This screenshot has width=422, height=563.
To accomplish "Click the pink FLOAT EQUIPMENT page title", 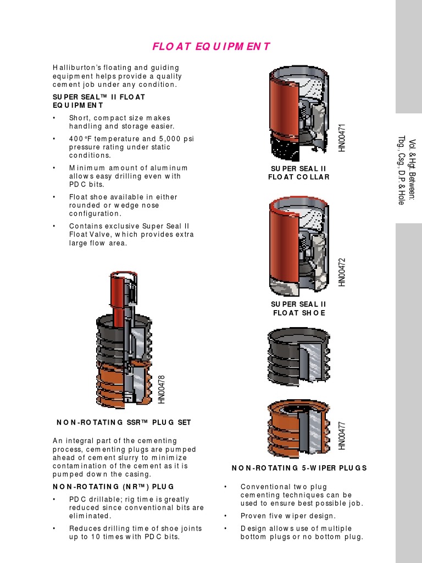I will tap(211, 46).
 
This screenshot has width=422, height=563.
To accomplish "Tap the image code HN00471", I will tap(342, 137).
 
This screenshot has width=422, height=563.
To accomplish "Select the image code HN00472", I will tap(342, 272).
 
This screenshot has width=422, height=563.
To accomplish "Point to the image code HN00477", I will tap(342, 435).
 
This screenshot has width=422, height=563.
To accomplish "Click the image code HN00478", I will tap(162, 389).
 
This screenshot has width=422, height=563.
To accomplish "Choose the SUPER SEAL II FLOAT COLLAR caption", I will tap(298, 173).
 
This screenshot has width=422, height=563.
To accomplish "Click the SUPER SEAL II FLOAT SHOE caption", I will tap(298, 308).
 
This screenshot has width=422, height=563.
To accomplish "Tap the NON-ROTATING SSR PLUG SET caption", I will tap(124, 422).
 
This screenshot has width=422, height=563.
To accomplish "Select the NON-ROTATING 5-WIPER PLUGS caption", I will tap(299, 468).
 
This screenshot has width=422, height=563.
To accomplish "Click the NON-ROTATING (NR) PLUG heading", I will tap(113, 487).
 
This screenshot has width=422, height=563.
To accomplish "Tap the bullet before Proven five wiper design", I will tap(226, 516).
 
